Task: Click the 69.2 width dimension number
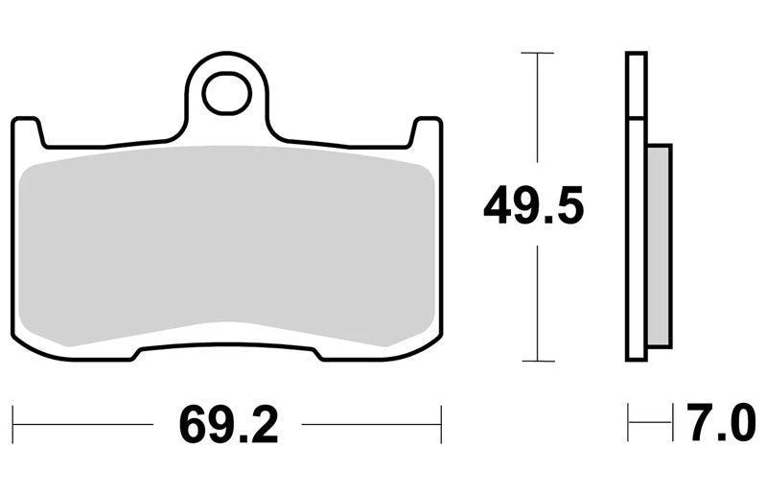tap(229, 425)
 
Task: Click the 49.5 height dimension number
tap(533, 204)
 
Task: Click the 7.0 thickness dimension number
tap(721, 422)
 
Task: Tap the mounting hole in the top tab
tap(226, 93)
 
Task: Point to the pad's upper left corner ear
tap(28, 131)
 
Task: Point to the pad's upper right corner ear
tap(427, 131)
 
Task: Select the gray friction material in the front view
tap(226, 245)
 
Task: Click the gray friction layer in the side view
tap(659, 245)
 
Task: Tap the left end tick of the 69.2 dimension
tap(12, 424)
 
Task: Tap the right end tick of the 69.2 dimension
tap(441, 424)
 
